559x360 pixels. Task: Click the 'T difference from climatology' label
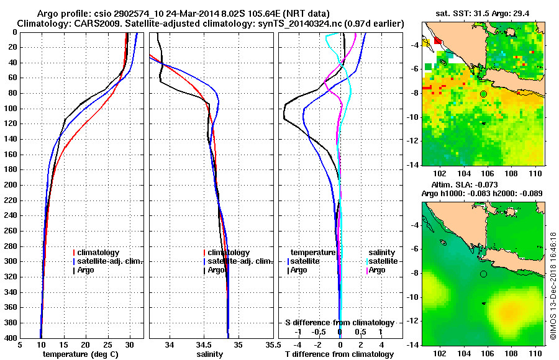[x=339, y=354]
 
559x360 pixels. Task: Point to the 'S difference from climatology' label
[x=339, y=323]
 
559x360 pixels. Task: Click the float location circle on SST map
[x=483, y=94]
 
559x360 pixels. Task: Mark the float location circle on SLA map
[x=483, y=274]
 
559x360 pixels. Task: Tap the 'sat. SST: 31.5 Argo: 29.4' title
[x=483, y=13]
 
